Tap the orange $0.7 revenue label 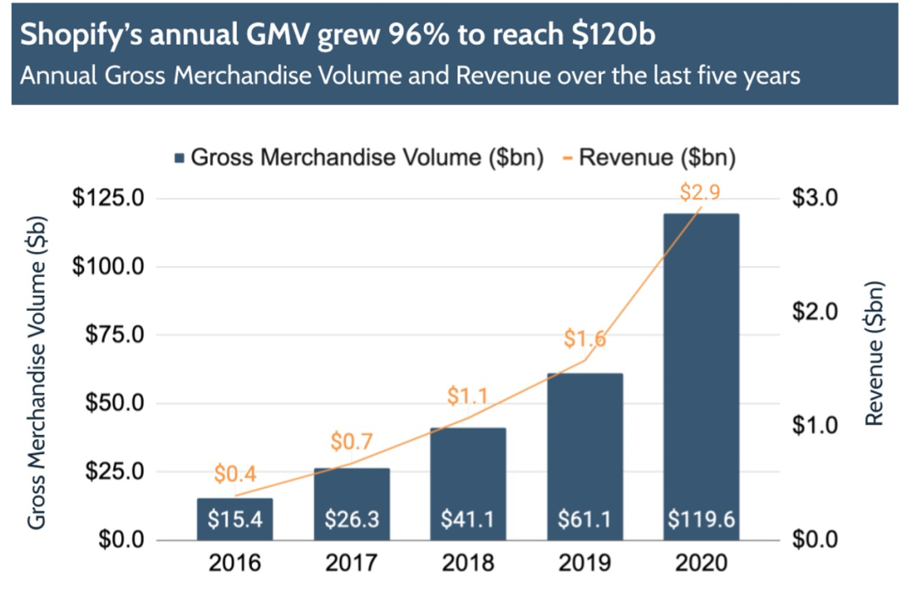point(352,441)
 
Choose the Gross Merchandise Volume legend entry point(359,157)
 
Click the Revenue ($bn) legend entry point(646,157)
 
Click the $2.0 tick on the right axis point(815,312)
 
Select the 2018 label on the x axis point(469,562)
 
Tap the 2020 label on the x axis point(701,562)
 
